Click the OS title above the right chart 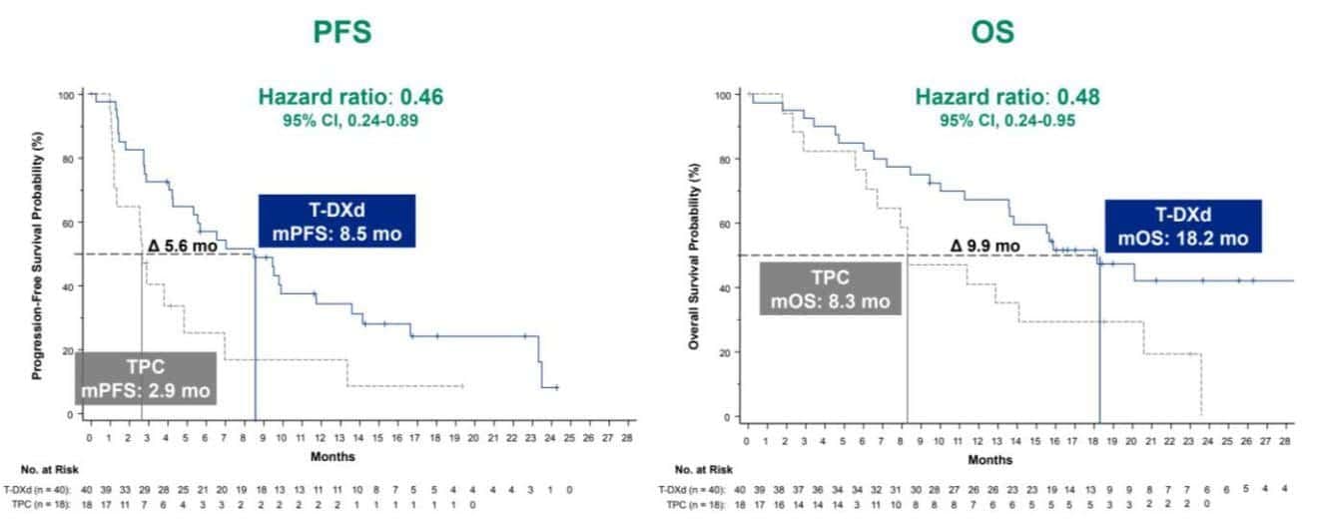point(991,32)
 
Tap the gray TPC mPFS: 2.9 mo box point(147,377)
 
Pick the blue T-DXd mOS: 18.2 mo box point(1182,227)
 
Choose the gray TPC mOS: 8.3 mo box point(831,288)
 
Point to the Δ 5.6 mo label point(182,246)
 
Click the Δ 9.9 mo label point(985,246)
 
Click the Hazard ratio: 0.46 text point(350,97)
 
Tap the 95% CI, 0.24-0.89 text point(350,121)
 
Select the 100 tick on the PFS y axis point(67,95)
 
